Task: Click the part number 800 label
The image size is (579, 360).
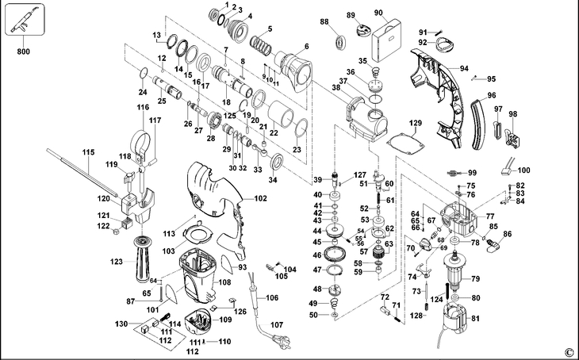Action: [x=23, y=52]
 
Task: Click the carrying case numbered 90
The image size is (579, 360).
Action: [x=386, y=40]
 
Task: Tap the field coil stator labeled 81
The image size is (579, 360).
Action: [x=456, y=316]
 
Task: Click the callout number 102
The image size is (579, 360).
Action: [x=260, y=198]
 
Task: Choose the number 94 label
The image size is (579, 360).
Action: [x=464, y=68]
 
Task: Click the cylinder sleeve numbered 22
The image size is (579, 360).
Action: [x=280, y=113]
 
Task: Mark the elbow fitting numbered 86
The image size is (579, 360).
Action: [x=493, y=245]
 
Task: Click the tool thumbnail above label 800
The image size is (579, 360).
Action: [x=25, y=20]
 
